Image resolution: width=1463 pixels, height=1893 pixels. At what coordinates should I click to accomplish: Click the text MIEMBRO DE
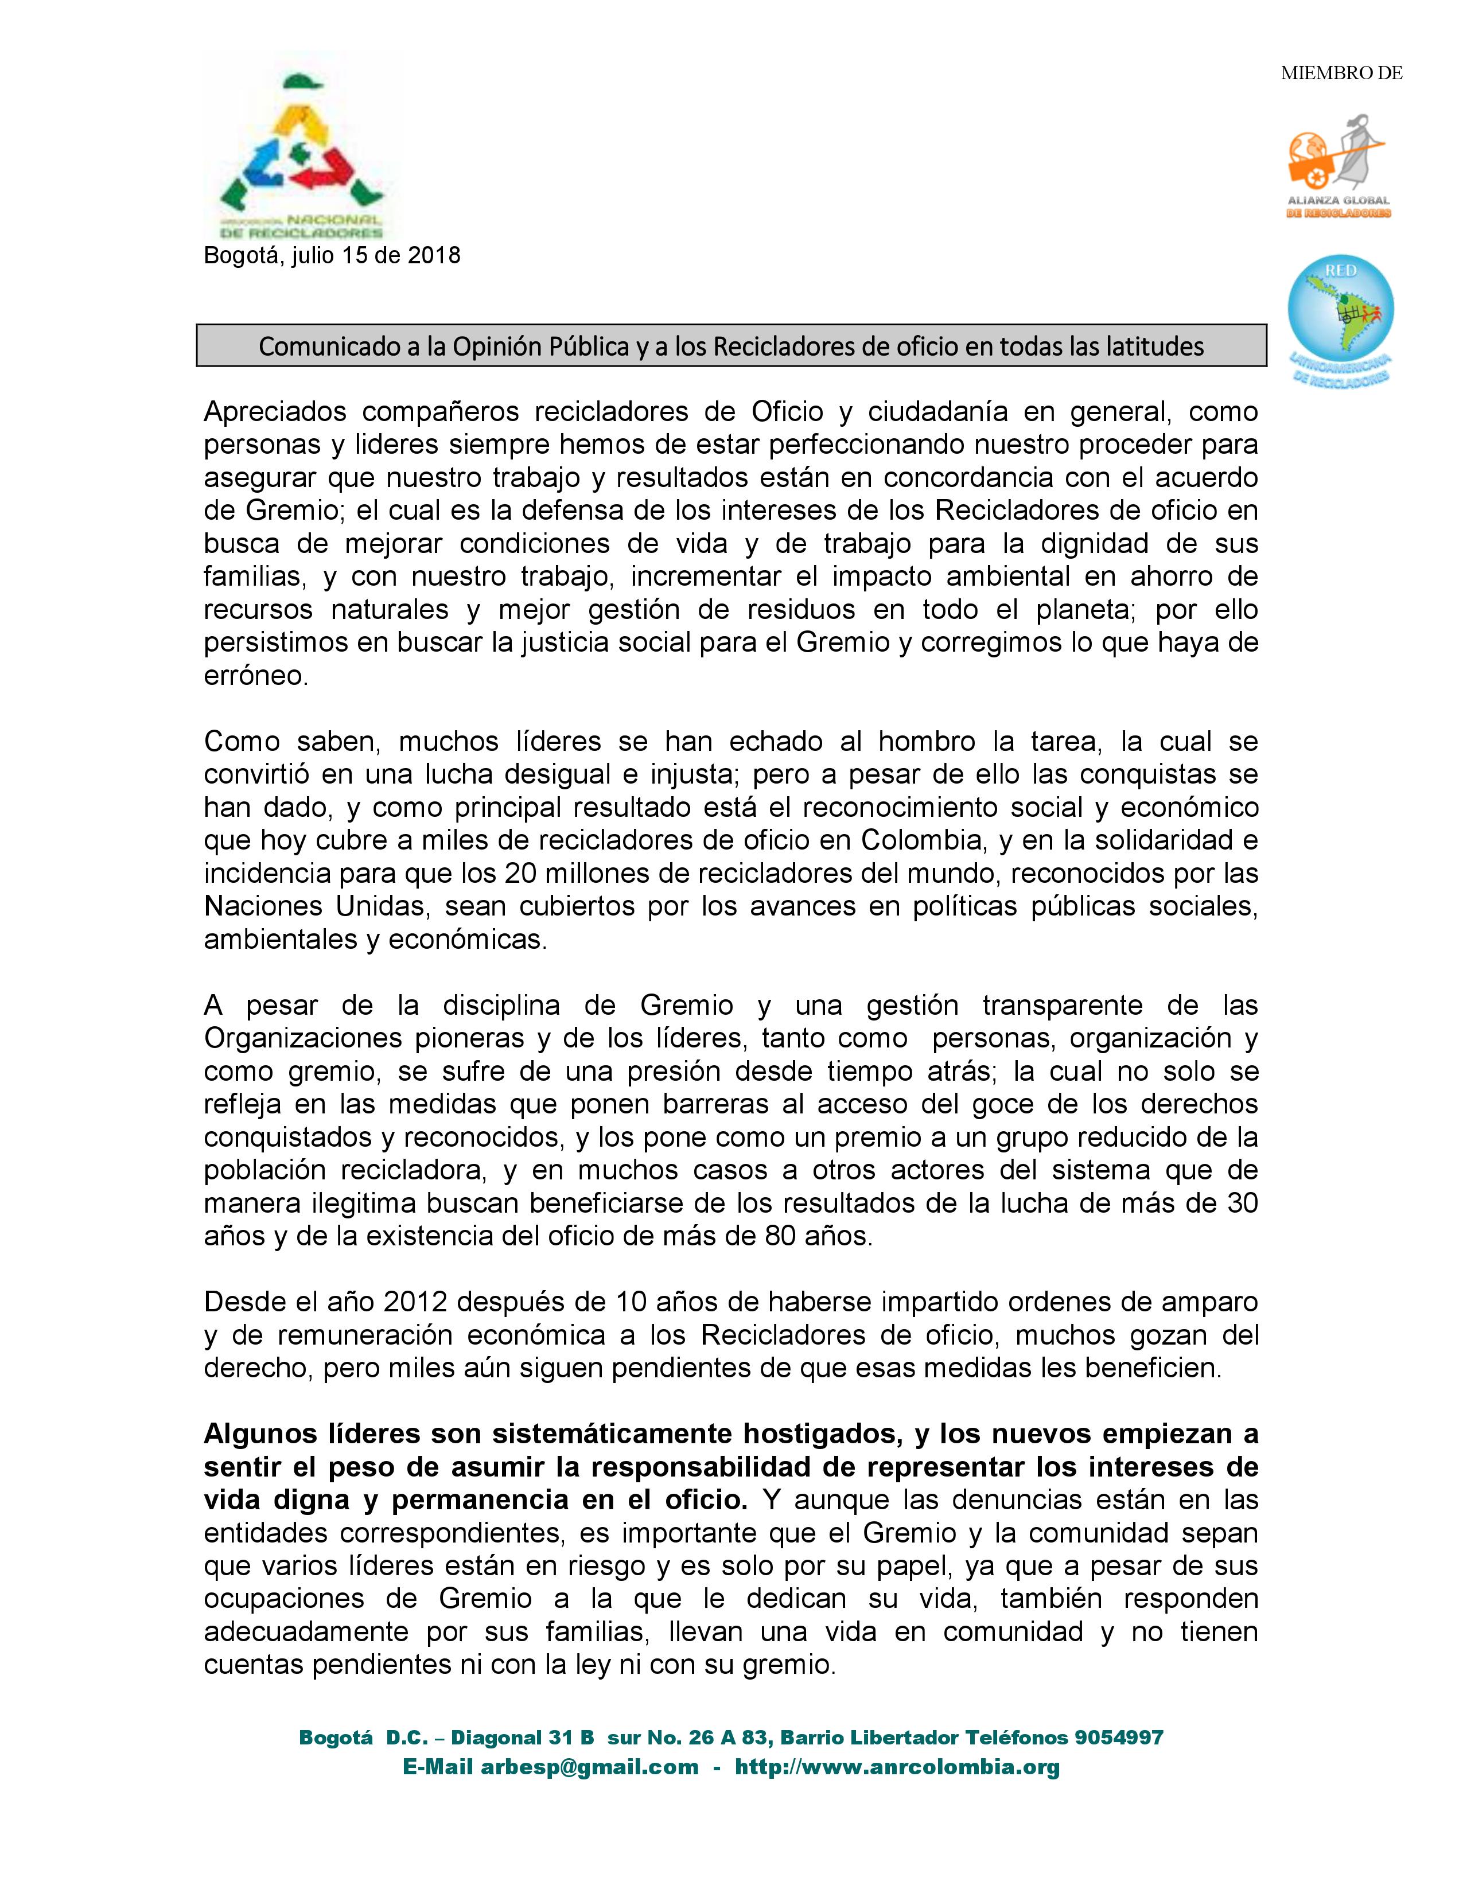point(1341,73)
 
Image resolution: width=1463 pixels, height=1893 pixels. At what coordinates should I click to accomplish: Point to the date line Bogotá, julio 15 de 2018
point(332,256)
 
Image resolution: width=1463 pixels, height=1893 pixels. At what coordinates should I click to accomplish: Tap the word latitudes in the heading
point(1154,346)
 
